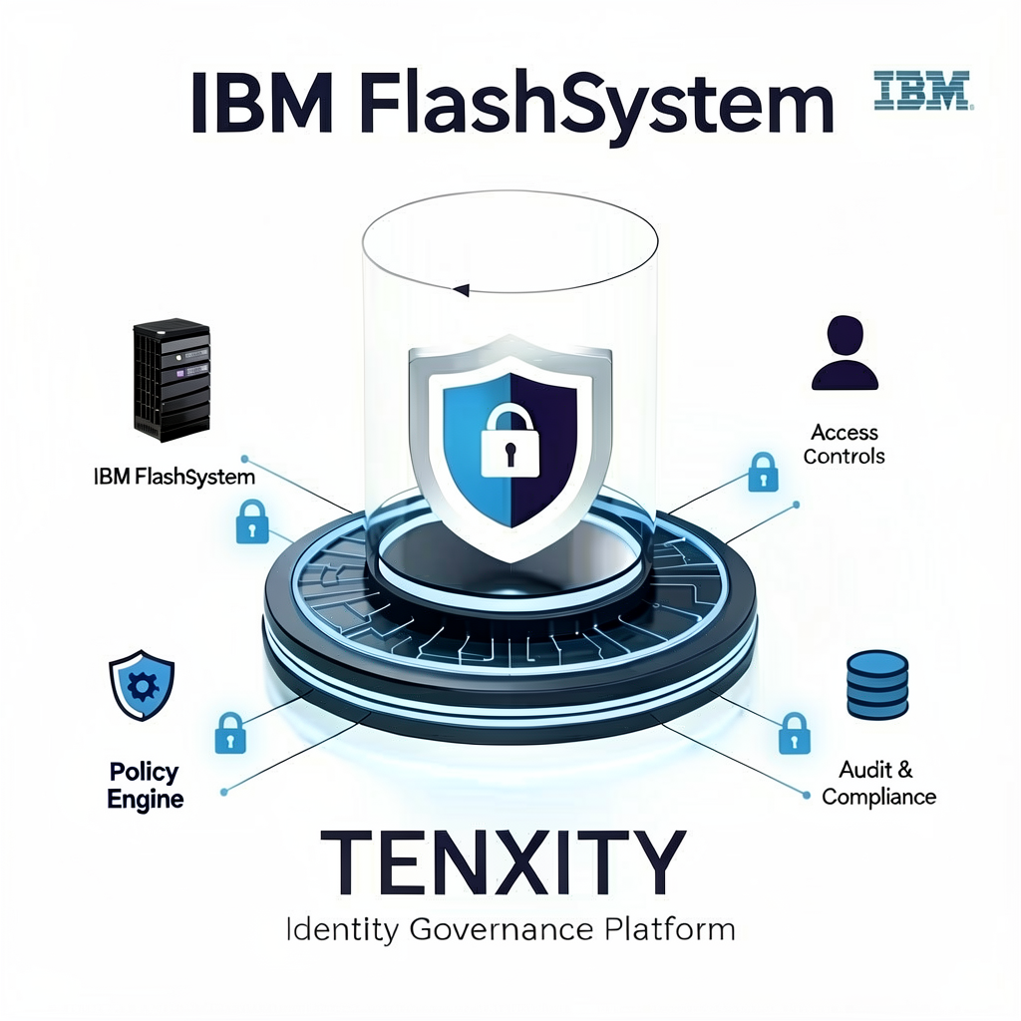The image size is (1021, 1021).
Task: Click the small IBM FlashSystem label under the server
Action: (174, 477)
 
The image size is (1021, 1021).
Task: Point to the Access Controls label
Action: (845, 445)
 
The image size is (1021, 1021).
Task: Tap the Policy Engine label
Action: (145, 786)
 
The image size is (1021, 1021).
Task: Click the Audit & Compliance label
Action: (878, 783)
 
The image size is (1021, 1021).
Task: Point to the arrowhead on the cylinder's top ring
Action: (460, 290)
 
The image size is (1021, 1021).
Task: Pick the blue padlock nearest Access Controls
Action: (762, 473)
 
